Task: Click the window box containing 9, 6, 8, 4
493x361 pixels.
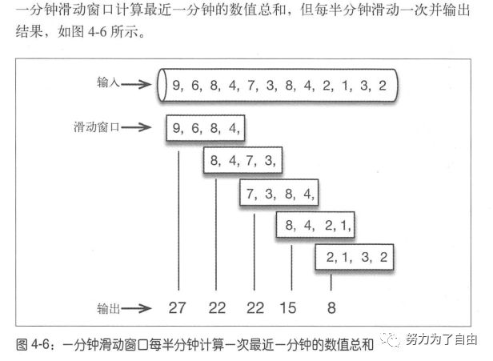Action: [205, 127]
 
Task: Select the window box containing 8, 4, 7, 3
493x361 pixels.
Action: [242, 161]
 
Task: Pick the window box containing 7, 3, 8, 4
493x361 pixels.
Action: [280, 194]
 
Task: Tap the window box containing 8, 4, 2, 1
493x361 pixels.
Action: [317, 227]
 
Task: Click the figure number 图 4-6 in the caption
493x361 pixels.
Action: [37, 344]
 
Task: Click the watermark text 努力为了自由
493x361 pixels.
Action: [441, 339]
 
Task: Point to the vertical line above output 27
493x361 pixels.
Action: [178, 216]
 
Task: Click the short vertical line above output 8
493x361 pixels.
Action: [331, 282]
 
